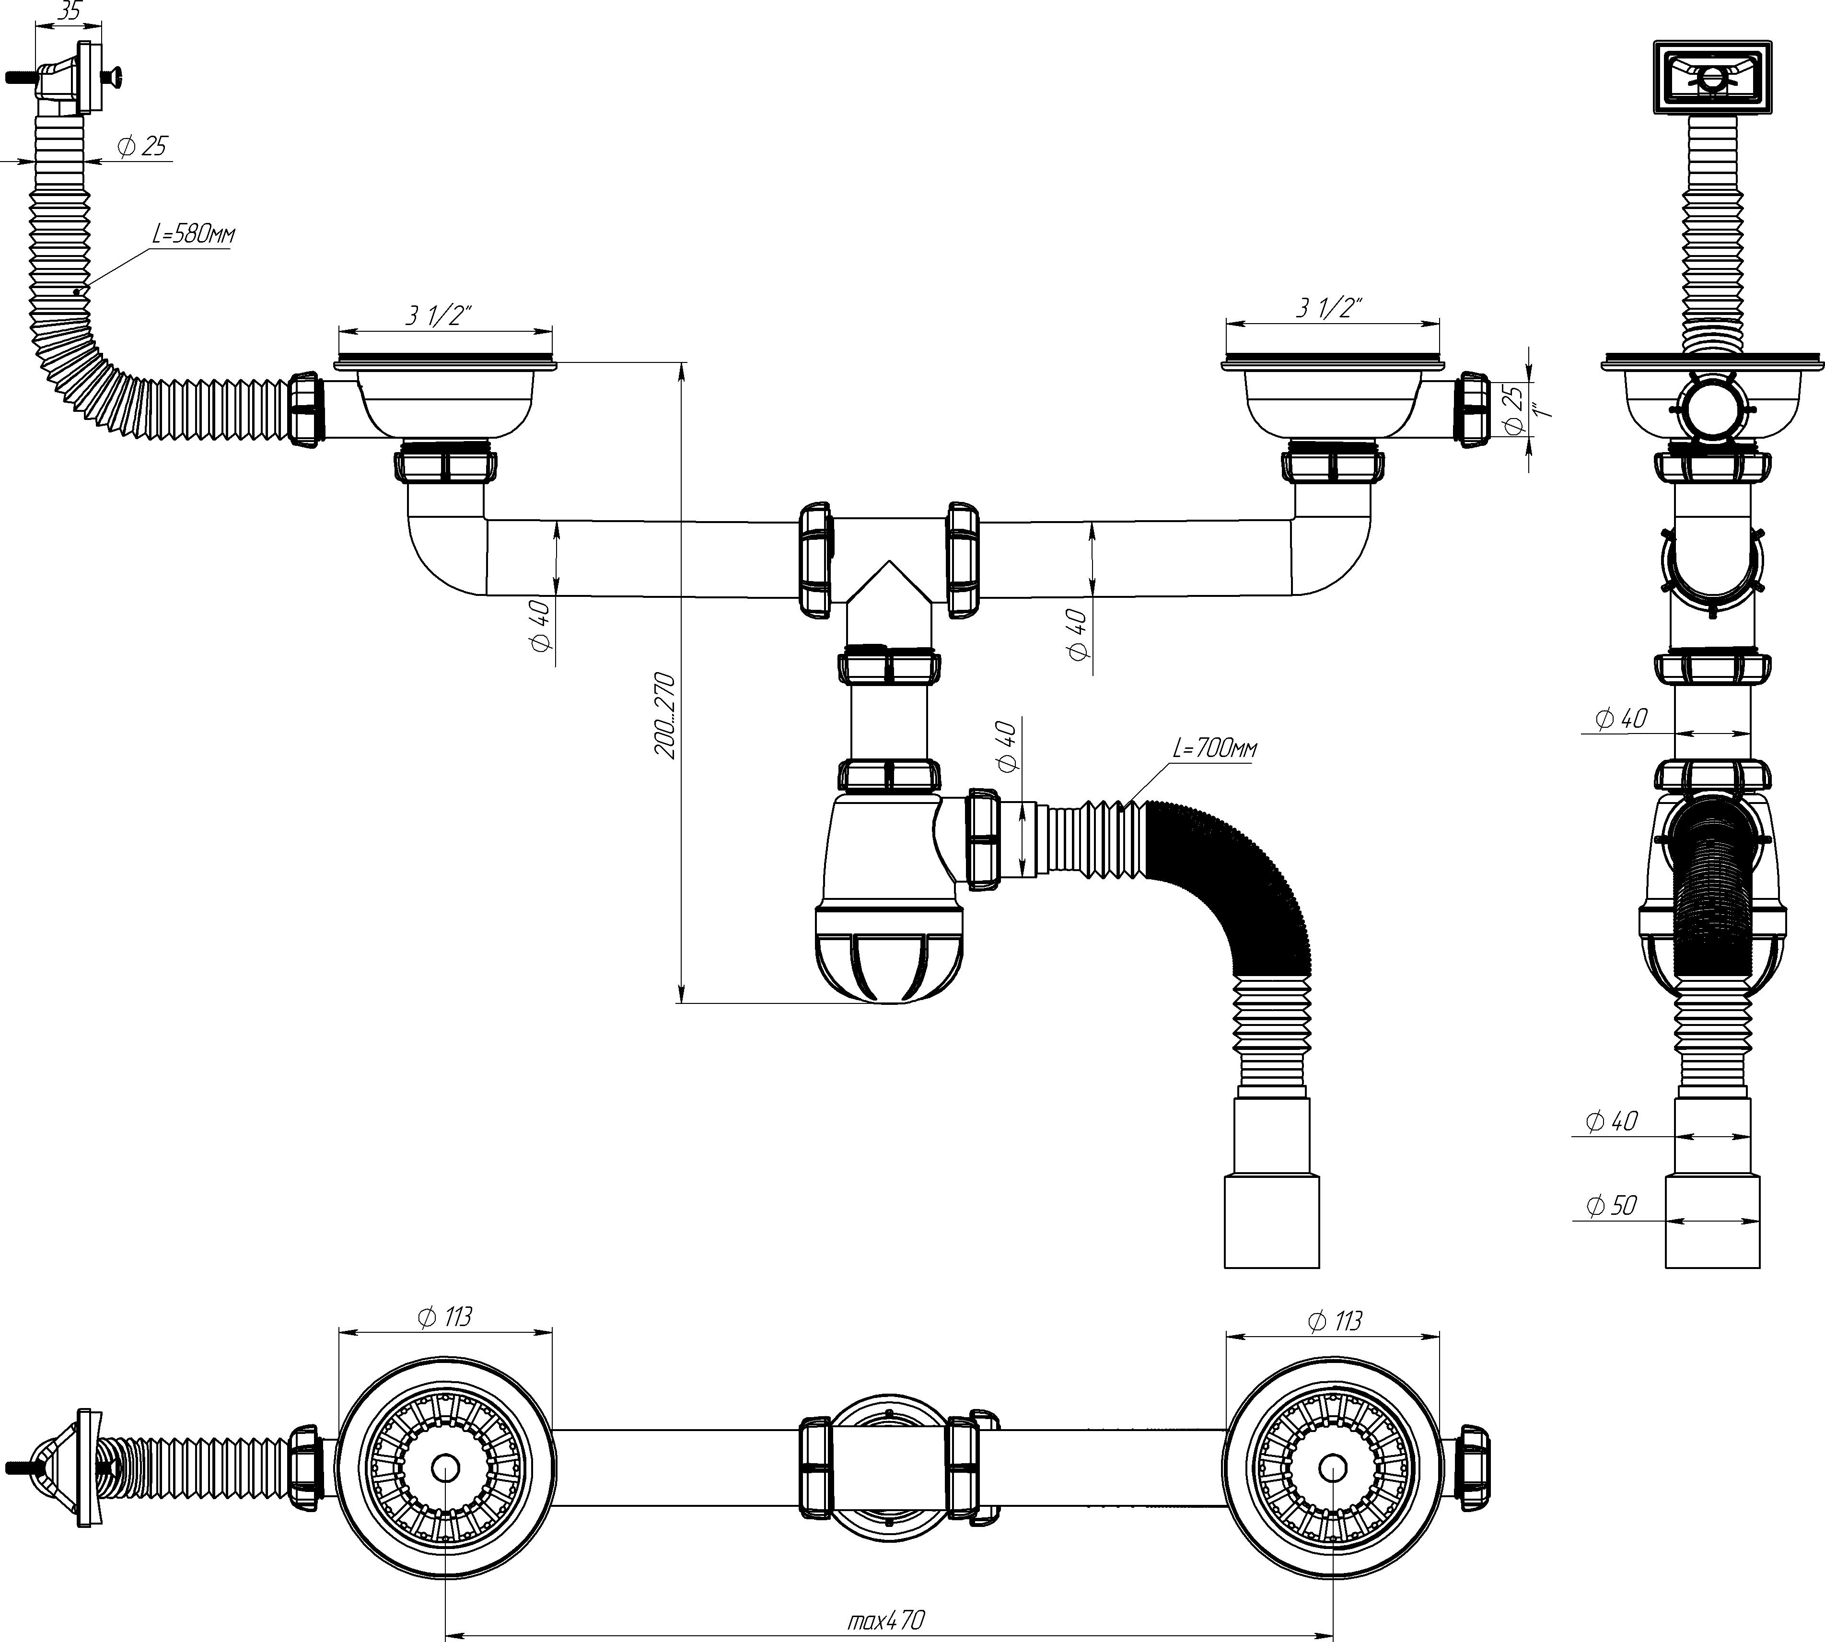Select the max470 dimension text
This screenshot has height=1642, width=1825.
(886, 1620)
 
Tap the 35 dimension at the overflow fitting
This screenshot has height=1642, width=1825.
(69, 12)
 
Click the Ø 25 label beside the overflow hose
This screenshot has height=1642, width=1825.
(142, 146)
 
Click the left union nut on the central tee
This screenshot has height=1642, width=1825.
(814, 560)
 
